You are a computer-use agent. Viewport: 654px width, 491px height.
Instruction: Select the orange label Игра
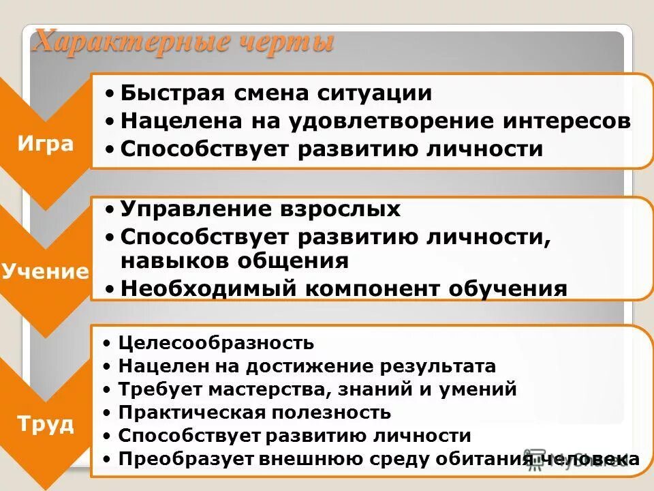(x=46, y=145)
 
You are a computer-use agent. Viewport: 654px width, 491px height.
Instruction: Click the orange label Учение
(x=46, y=271)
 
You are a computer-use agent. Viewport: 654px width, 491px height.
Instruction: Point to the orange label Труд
(x=46, y=423)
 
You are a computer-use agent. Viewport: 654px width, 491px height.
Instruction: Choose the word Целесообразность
(x=216, y=343)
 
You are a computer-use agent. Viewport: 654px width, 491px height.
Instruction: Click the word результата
(x=443, y=366)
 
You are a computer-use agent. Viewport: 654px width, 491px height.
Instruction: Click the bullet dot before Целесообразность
(x=108, y=343)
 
